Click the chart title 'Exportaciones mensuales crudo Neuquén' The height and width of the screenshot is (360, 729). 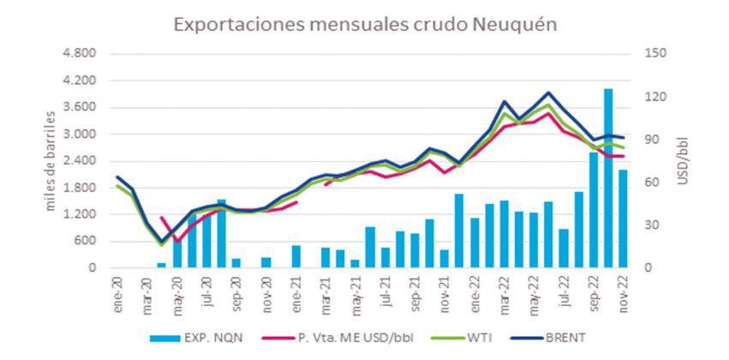tap(366, 24)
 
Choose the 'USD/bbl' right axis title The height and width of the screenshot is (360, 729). tap(683, 160)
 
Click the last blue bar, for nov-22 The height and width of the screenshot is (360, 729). tap(624, 219)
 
